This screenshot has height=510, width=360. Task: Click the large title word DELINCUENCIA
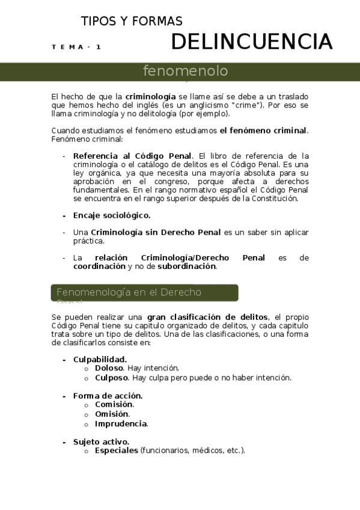point(251,41)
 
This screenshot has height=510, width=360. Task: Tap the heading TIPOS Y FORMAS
point(132,22)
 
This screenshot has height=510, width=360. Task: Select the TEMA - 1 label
point(76,47)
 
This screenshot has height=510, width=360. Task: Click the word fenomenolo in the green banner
point(185,71)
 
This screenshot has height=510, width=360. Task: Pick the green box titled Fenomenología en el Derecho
point(144,293)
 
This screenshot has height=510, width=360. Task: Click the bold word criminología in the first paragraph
point(150,96)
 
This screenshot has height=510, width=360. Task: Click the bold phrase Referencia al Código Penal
point(132,156)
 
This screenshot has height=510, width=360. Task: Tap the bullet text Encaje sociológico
point(112,215)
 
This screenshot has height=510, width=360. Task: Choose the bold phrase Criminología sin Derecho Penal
point(156,232)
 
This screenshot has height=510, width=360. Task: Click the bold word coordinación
point(99,266)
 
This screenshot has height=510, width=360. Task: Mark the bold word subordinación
point(186,266)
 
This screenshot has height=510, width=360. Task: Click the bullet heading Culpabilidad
point(100,360)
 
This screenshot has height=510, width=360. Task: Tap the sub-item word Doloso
point(109,368)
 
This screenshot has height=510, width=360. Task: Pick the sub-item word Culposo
point(111,378)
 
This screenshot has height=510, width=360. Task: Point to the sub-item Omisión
point(112,414)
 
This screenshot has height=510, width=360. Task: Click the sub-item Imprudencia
point(121,423)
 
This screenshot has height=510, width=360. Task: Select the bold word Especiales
point(117,450)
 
